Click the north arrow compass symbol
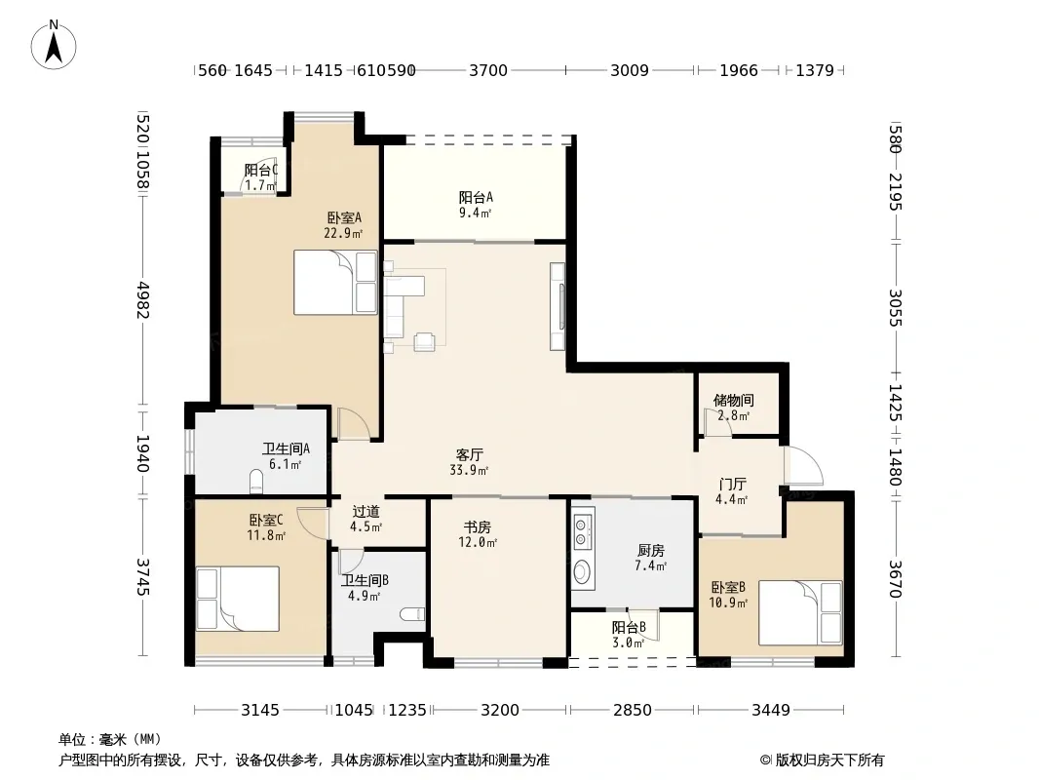(x=54, y=45)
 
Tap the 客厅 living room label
(x=469, y=455)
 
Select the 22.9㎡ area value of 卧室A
(x=343, y=233)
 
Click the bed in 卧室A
(x=335, y=283)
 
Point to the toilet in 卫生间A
(x=256, y=482)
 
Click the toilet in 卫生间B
(x=412, y=613)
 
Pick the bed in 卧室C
(x=237, y=599)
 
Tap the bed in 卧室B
(x=800, y=613)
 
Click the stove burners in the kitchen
(x=583, y=528)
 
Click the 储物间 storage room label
(x=734, y=401)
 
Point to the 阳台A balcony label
(x=476, y=197)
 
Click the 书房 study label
(x=477, y=526)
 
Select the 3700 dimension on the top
(x=488, y=70)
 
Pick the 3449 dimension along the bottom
(x=771, y=711)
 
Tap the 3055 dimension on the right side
(x=895, y=307)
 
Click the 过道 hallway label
(x=366, y=512)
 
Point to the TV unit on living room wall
(x=558, y=306)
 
